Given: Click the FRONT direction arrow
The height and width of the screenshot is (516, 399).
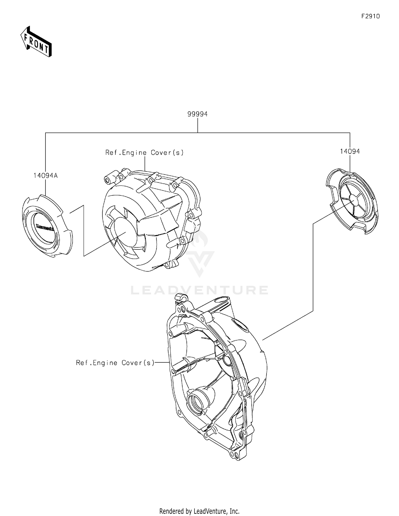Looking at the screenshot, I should (36, 42).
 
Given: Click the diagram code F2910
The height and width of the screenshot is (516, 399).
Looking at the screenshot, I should (371, 17).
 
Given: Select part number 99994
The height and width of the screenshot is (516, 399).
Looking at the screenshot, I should (197, 114).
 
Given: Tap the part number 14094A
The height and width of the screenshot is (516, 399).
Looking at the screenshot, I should (45, 176).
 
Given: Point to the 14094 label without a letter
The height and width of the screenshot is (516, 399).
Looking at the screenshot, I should (350, 151).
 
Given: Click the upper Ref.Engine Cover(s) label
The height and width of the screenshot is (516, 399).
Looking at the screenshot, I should (144, 153).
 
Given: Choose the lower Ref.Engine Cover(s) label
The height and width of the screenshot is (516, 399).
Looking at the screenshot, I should (115, 363).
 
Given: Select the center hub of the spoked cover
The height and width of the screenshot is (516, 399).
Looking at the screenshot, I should (354, 199).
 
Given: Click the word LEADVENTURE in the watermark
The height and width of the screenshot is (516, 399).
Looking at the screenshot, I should (199, 290).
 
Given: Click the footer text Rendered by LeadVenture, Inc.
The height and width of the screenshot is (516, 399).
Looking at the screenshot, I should (199, 511).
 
